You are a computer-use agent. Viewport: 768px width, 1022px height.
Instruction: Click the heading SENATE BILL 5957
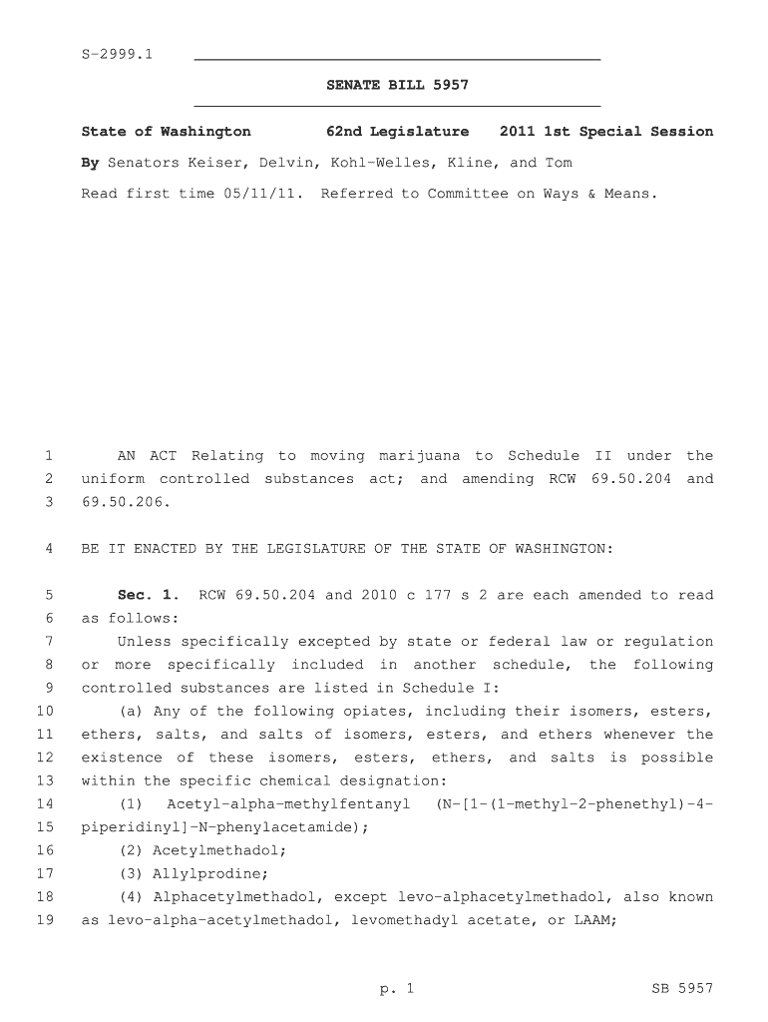point(397,86)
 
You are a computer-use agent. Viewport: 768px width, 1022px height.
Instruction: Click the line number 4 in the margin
point(48,549)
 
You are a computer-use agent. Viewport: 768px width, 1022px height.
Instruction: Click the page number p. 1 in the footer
point(396,989)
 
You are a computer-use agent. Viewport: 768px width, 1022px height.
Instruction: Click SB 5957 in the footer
point(682,989)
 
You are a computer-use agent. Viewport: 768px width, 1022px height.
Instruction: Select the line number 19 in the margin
point(44,920)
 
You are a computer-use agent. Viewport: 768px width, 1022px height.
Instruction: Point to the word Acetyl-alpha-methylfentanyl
point(288,804)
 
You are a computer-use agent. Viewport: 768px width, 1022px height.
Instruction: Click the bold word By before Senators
point(90,163)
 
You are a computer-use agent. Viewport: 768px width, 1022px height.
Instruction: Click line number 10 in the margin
point(44,712)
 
